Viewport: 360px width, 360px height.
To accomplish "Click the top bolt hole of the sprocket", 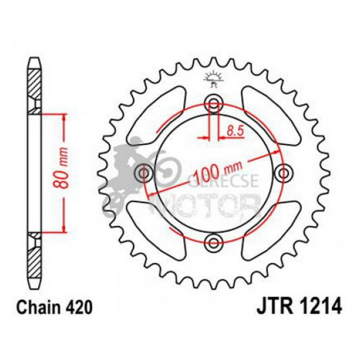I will (x=214, y=103).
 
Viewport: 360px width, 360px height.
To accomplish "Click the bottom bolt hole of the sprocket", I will (x=214, y=242).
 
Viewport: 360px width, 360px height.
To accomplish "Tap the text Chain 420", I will (x=51, y=308).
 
